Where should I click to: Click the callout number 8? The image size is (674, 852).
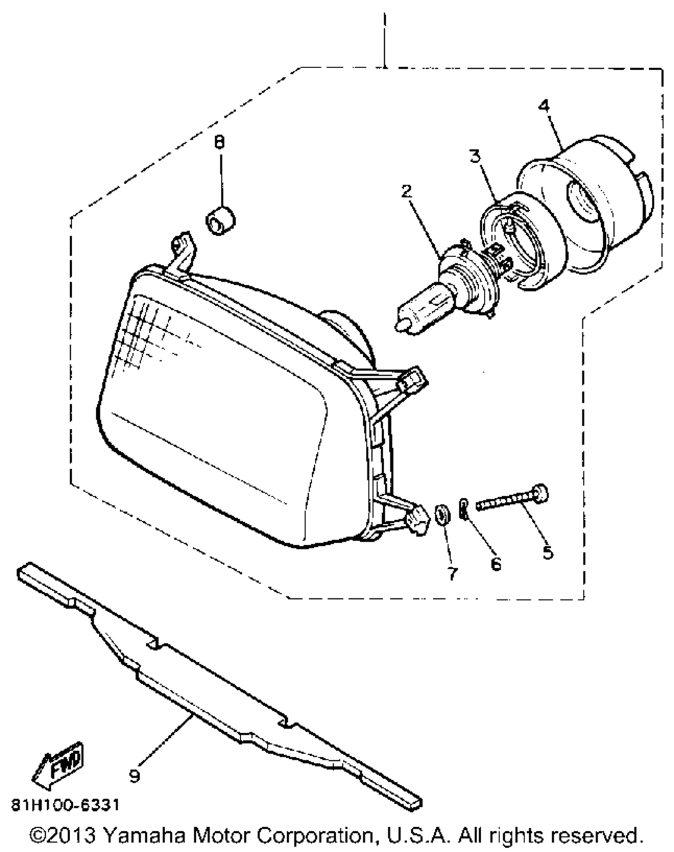coord(219,142)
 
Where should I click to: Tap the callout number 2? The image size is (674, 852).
coord(406,191)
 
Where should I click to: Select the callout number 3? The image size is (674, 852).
coord(475,157)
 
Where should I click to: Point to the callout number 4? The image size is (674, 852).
coord(544,105)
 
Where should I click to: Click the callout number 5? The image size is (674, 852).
coord(547,552)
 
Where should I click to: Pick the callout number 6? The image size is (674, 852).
coord(495,564)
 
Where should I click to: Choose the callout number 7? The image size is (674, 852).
coord(452,573)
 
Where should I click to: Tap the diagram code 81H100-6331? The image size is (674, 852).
coord(68,806)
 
